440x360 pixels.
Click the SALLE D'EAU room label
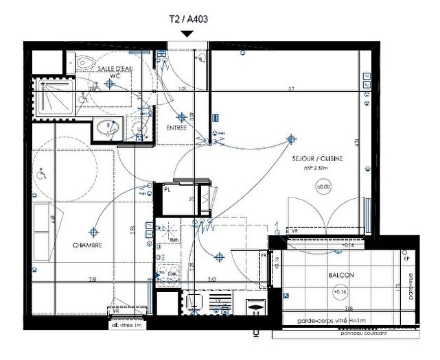115,69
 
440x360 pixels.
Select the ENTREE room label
176,128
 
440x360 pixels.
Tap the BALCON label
341,275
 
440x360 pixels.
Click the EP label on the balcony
406,259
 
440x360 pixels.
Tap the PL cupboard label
167,190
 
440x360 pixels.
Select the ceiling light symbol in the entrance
181,117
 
